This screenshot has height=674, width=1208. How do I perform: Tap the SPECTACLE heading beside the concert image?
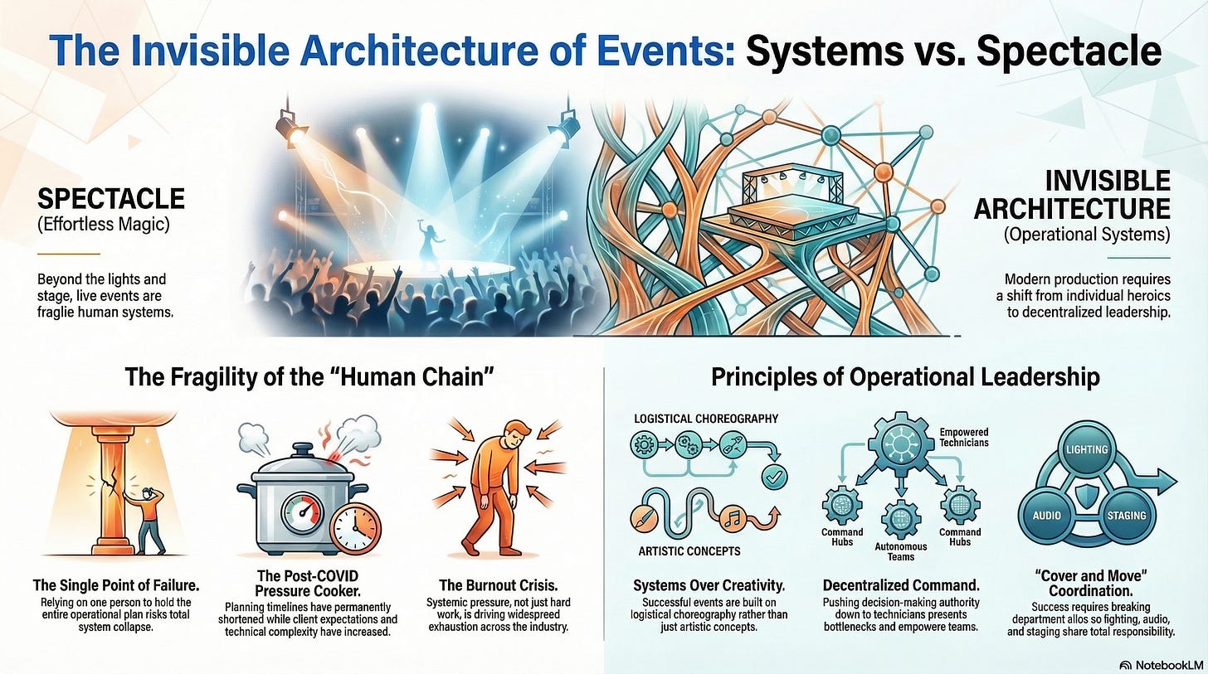coord(110,198)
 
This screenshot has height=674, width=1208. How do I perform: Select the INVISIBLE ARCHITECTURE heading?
coord(1072,194)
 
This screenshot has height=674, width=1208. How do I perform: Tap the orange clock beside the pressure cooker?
coord(356,524)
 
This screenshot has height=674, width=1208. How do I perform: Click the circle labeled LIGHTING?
coord(1086,449)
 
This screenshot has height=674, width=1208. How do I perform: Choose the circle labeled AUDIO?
coord(1046,515)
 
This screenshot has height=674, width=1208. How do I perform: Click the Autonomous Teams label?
coord(900,551)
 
